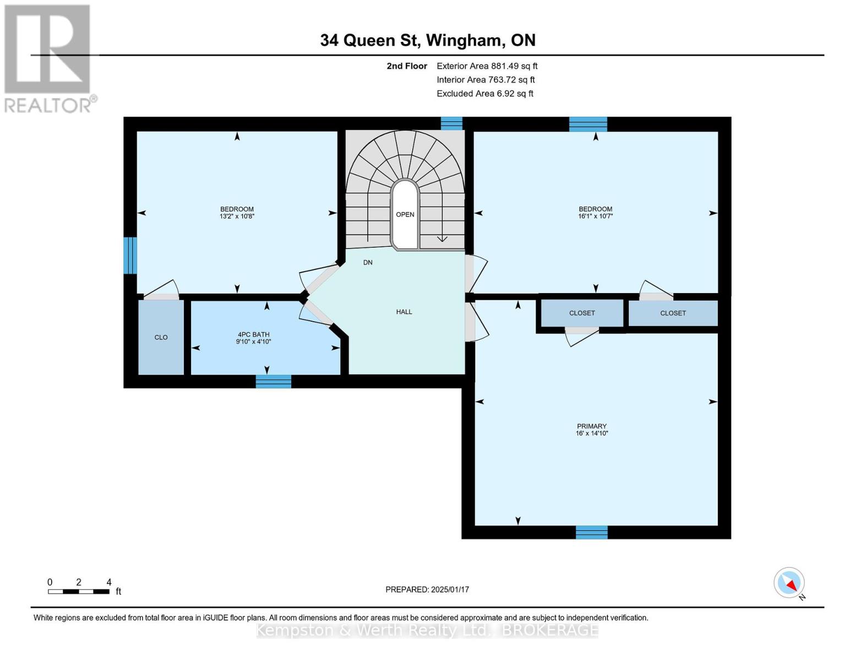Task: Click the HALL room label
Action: [x=404, y=312]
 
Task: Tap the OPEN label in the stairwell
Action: [x=405, y=215]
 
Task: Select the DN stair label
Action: [x=368, y=263]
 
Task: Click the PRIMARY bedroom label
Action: [x=592, y=426]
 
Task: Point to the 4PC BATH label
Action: [x=253, y=335]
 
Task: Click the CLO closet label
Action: [x=161, y=338]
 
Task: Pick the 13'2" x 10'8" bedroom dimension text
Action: [x=237, y=216]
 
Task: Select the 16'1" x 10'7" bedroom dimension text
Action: [x=595, y=216]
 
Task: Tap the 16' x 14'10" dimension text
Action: [x=592, y=434]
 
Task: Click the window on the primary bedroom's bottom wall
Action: [x=591, y=532]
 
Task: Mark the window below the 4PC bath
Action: [x=274, y=382]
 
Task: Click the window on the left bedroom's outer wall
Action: [x=130, y=255]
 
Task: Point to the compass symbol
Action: [x=789, y=583]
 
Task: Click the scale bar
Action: [x=79, y=592]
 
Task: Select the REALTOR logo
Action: [x=48, y=59]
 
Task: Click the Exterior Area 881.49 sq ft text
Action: [x=487, y=66]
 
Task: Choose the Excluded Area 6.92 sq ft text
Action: [x=484, y=94]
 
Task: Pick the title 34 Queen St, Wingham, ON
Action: [x=428, y=40]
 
